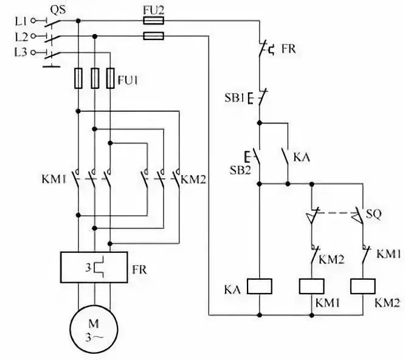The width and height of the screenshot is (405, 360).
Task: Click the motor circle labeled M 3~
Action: [x=94, y=328]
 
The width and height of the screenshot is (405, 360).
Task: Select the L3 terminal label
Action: [x=19, y=52]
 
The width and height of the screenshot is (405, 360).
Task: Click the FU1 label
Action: [x=128, y=79]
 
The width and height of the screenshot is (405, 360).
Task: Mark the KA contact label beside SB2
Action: [x=302, y=156]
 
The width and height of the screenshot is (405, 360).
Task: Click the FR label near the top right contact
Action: [x=288, y=49]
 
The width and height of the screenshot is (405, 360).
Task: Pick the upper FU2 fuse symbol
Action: [x=152, y=20]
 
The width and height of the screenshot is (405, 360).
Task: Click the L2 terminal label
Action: [x=19, y=36]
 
